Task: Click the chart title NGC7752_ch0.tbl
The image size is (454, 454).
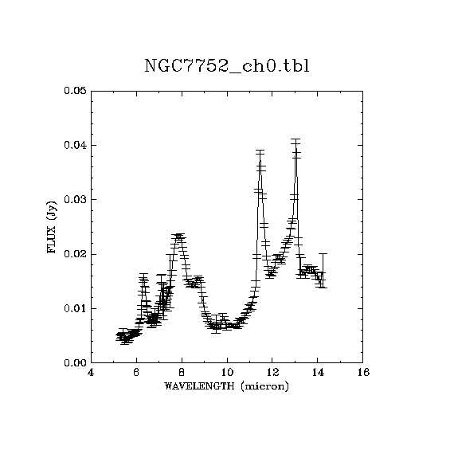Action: click(x=227, y=66)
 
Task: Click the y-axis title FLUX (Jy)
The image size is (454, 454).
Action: click(x=52, y=227)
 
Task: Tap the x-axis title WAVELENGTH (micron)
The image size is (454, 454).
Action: click(x=226, y=386)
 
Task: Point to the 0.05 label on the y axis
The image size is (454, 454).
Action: click(x=76, y=91)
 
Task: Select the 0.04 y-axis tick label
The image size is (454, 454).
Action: click(x=76, y=145)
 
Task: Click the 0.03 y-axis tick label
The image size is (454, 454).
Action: click(x=76, y=199)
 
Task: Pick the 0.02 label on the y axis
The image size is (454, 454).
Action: click(x=76, y=254)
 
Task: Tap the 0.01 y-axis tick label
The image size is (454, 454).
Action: click(x=76, y=308)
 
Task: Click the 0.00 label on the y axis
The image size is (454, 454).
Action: click(x=76, y=362)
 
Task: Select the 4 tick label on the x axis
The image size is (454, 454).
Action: click(x=91, y=372)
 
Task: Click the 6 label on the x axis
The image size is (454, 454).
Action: click(x=136, y=372)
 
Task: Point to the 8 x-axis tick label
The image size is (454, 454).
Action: click(x=182, y=372)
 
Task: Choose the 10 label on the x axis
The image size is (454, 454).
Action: click(x=227, y=372)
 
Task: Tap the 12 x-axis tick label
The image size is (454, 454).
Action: click(x=272, y=372)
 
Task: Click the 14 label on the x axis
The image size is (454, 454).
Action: click(x=318, y=372)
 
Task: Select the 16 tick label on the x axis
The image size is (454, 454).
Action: click(x=363, y=372)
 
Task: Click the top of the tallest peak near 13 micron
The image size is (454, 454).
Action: click(x=295, y=144)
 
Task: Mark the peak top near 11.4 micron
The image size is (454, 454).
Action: click(x=260, y=155)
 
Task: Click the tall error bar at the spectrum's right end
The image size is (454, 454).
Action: click(x=323, y=271)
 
